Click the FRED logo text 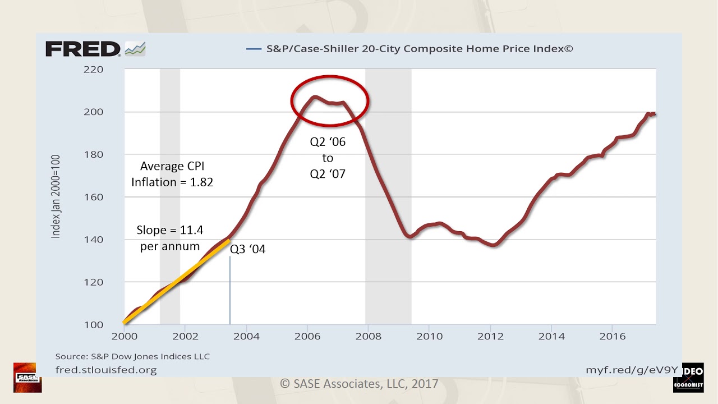[83, 49]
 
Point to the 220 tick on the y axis [94, 70]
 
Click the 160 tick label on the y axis [94, 197]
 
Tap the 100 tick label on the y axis [94, 325]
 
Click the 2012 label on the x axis [490, 337]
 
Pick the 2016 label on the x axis [613, 337]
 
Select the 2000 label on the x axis [124, 337]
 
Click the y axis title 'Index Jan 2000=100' [56, 197]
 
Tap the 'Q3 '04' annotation [247, 249]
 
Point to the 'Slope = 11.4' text [169, 231]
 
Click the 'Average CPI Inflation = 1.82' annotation [172, 174]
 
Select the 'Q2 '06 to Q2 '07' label [328, 158]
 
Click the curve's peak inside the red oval [315, 97]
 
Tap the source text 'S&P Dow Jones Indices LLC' [132, 356]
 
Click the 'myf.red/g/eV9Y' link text [632, 370]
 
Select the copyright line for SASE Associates [359, 384]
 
